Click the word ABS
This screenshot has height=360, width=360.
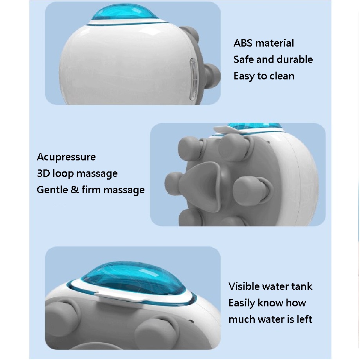tap(243, 43)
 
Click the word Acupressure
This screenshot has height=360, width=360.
tap(66, 157)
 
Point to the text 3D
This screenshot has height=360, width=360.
tap(43, 173)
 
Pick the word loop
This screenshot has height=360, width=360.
tap(62, 174)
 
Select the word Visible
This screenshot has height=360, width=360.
tap(244, 286)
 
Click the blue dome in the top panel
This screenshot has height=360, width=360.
tap(124, 13)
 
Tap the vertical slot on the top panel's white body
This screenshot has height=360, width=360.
tap(193, 79)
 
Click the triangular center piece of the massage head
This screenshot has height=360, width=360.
tap(201, 186)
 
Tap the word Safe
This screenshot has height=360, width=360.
tap(243, 59)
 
